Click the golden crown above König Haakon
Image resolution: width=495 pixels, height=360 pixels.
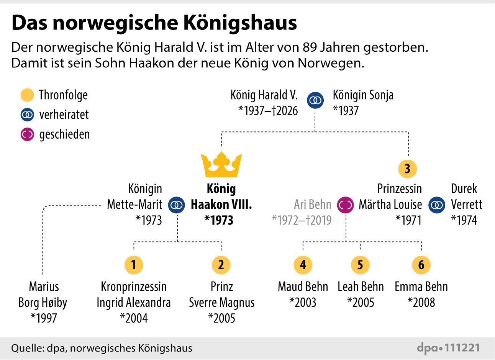point(221,165)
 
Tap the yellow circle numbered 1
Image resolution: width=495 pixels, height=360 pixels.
point(134,265)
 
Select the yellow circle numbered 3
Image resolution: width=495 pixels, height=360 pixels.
point(408,169)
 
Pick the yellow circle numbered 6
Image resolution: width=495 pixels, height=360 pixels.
point(421,265)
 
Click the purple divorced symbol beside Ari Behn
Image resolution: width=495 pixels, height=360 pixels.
point(346,205)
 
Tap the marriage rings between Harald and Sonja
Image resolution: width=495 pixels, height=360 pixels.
point(315,100)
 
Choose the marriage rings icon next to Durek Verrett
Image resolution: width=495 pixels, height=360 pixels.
point(437,205)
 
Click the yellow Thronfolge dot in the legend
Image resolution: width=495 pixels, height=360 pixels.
point(27,95)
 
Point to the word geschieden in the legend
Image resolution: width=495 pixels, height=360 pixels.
point(64,134)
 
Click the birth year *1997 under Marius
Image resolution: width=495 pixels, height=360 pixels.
point(44,318)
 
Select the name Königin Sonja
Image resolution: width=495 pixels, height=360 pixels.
point(363,95)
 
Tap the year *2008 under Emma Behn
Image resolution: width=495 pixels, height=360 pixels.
point(421,302)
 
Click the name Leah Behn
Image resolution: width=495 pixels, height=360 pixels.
point(361,287)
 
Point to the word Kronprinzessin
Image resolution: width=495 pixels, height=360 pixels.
point(134,287)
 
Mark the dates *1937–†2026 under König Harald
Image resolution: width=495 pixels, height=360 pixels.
point(268,111)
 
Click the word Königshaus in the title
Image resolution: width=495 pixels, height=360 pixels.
point(240,23)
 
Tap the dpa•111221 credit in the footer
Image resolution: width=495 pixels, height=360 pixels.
point(448,348)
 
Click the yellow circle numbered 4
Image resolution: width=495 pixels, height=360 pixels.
point(303,265)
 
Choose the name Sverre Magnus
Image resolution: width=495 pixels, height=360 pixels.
point(222,303)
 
